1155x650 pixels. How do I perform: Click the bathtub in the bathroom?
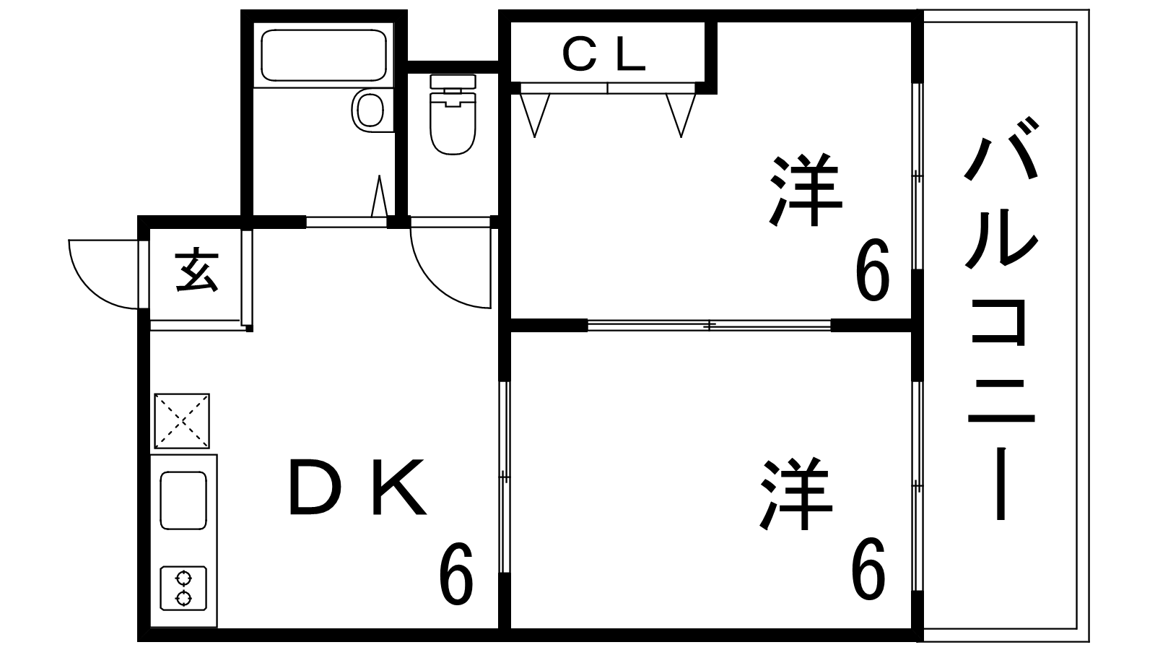pyautogui.click(x=324, y=55)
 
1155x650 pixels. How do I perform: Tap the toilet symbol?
pyautogui.click(x=453, y=115)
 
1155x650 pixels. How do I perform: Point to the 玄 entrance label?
pyautogui.click(x=197, y=272)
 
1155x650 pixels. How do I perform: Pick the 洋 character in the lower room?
pyautogui.click(x=797, y=494)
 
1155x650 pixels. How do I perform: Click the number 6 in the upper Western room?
pyautogui.click(x=873, y=269)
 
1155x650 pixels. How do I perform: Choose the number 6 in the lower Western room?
pyautogui.click(x=868, y=568)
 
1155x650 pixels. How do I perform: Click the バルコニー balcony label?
pyautogui.click(x=1001, y=318)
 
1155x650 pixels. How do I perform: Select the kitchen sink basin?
pyautogui.click(x=183, y=500)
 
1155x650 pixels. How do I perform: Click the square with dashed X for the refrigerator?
pyautogui.click(x=182, y=421)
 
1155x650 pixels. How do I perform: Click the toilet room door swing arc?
pyautogui.click(x=450, y=268)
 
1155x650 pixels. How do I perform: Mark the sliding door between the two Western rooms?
pyautogui.click(x=710, y=325)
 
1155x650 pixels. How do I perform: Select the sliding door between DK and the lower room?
pyautogui.click(x=505, y=477)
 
